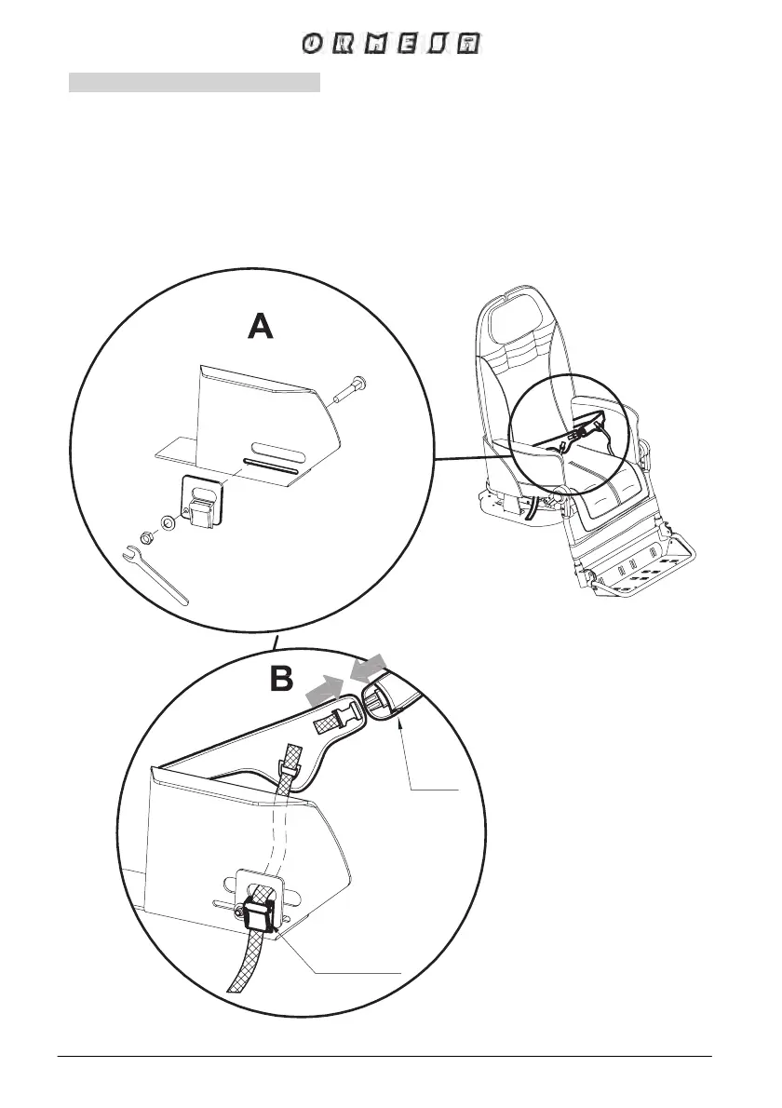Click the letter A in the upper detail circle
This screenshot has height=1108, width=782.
[261, 327]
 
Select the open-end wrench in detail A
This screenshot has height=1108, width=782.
[155, 575]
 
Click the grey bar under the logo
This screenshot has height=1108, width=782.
[195, 84]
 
